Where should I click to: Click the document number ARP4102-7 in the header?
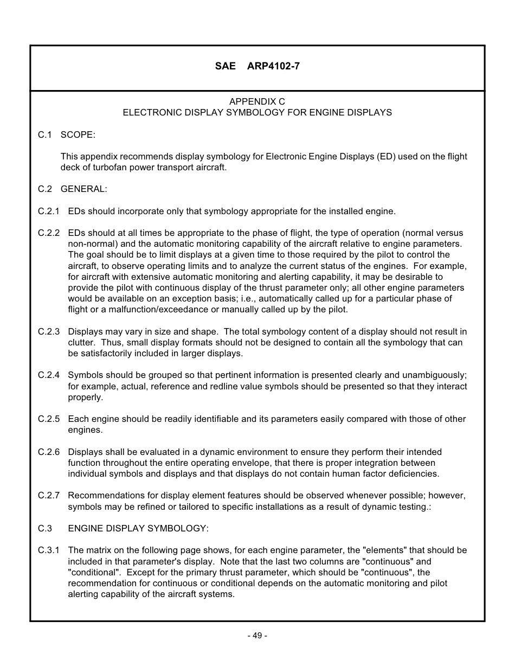[x=273, y=66]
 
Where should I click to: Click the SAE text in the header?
[x=225, y=66]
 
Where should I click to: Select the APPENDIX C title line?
[x=257, y=101]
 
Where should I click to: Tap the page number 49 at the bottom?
[x=257, y=636]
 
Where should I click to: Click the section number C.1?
[x=44, y=134]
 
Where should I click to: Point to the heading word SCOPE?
[x=78, y=134]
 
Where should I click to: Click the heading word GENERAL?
[x=83, y=189]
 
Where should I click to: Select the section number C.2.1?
[x=49, y=211]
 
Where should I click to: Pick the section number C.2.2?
[x=49, y=233]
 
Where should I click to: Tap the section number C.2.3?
[x=49, y=331]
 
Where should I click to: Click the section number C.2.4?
[x=49, y=375]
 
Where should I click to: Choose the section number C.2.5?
[x=49, y=419]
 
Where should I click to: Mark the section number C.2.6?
[x=49, y=452]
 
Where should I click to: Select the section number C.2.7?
[x=49, y=496]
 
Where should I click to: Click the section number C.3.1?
[x=49, y=550]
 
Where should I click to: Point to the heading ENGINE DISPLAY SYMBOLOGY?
[x=138, y=528]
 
